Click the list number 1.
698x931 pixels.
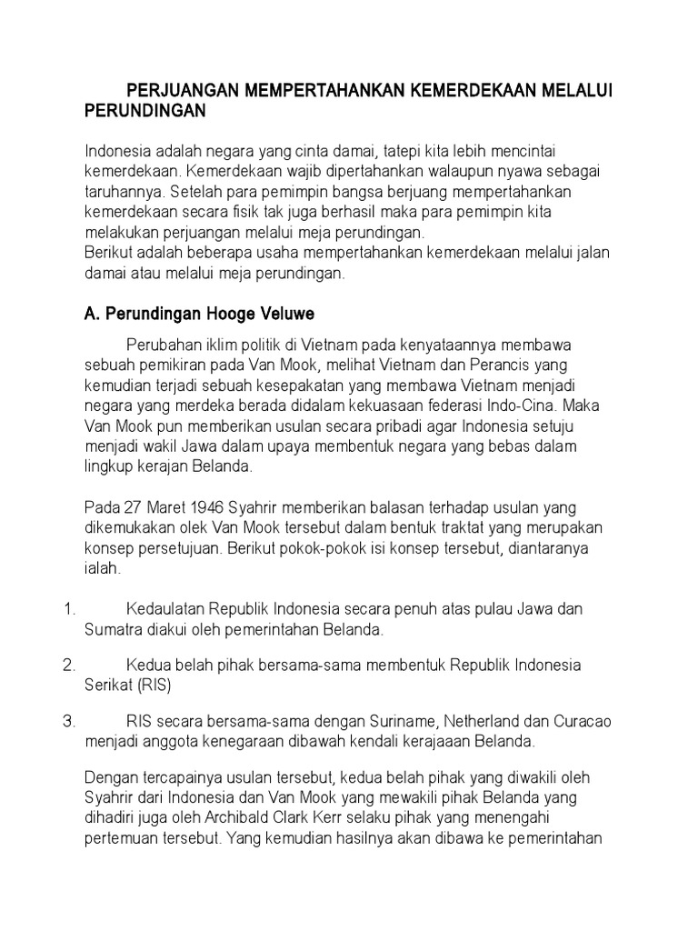tap(68, 607)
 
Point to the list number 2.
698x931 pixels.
tap(68, 665)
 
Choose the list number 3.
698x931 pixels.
tap(68, 722)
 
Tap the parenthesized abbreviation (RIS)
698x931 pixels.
tap(150, 685)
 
